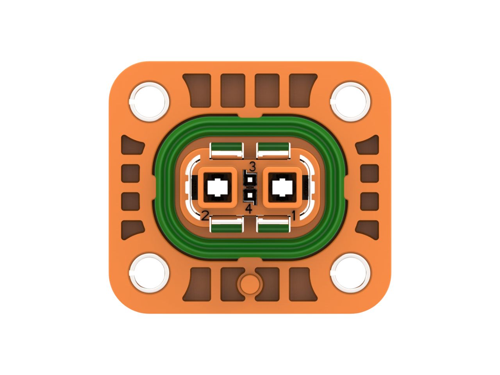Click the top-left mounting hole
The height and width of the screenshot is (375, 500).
149,102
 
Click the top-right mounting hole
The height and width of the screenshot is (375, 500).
350,102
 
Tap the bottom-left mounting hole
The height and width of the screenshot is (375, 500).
149,273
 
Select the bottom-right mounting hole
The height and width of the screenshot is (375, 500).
350,273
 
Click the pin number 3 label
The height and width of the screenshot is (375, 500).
252,167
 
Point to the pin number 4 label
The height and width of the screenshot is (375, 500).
249,209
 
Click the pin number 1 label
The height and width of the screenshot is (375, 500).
294,216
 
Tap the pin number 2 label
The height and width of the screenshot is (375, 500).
205,216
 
